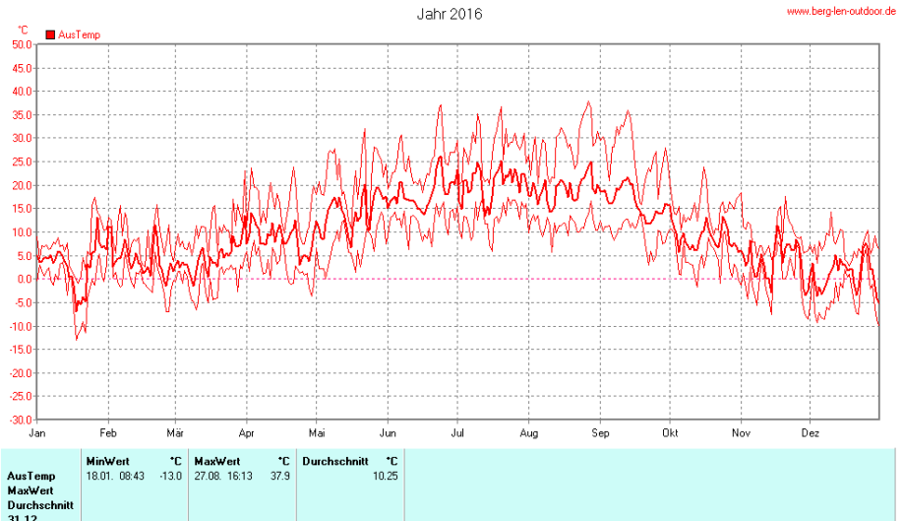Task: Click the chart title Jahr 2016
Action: (x=450, y=15)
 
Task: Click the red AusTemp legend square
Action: (x=50, y=34)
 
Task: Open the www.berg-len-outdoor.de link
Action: (x=842, y=11)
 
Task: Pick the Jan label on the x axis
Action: (x=38, y=433)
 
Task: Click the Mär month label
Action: (x=175, y=433)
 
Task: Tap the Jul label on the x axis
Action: (x=458, y=433)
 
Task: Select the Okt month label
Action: (x=671, y=433)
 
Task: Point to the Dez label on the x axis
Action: (x=811, y=433)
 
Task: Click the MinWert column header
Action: (x=107, y=461)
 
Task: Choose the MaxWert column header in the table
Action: (x=216, y=461)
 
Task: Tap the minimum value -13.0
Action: (x=170, y=476)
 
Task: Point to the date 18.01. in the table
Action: (x=99, y=476)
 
